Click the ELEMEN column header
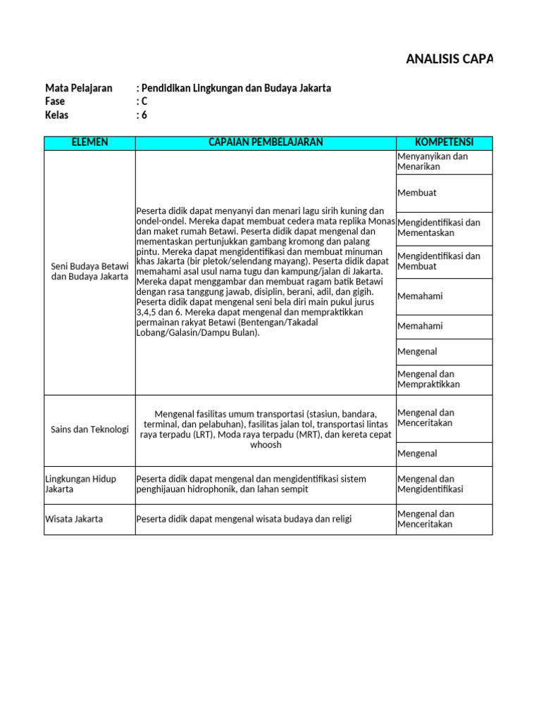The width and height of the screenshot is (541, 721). (x=89, y=143)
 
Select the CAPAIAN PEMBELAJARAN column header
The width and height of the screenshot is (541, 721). (x=266, y=143)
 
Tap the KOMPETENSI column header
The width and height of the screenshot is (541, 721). (x=444, y=143)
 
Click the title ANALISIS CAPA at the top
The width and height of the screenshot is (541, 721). (x=449, y=58)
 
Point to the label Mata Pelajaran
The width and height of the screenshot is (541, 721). (x=78, y=88)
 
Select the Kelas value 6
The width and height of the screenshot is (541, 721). (x=144, y=115)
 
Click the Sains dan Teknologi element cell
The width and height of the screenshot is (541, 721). (x=89, y=430)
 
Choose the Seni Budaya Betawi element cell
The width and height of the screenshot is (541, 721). (x=89, y=271)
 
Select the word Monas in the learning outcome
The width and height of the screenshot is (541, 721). (x=382, y=221)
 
